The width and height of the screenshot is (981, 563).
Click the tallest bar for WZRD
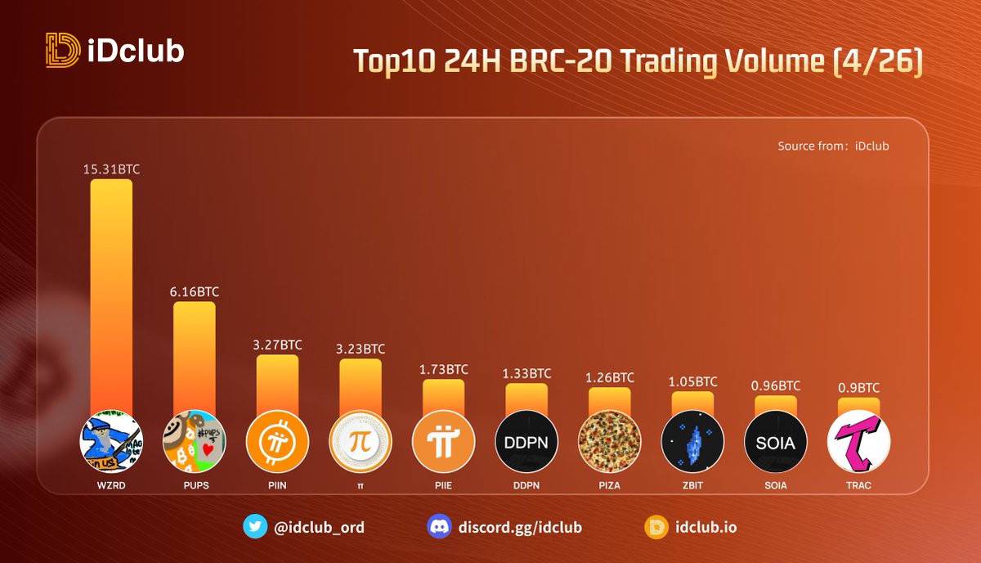(x=111, y=296)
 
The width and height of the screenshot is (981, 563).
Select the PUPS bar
(x=195, y=358)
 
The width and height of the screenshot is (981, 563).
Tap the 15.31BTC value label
(x=112, y=169)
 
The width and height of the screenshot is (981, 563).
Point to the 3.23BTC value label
(x=361, y=349)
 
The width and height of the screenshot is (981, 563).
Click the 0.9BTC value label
(x=859, y=388)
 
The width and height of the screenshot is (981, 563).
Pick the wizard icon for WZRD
(x=111, y=441)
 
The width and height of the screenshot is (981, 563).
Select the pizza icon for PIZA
(x=609, y=441)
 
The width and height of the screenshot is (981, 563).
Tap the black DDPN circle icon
(x=526, y=441)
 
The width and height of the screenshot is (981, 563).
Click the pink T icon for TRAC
(x=859, y=441)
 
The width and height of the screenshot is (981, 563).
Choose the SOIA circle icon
(x=776, y=441)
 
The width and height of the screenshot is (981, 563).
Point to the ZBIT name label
(x=692, y=485)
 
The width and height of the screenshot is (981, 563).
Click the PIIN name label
(x=277, y=485)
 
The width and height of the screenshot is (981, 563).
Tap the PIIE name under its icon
(x=444, y=485)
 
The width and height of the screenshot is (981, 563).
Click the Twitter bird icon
(x=255, y=526)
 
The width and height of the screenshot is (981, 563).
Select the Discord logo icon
(x=439, y=526)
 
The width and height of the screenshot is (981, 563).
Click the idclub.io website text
(x=706, y=527)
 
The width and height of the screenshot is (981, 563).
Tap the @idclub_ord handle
(x=319, y=528)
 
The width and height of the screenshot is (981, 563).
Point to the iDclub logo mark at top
(x=63, y=50)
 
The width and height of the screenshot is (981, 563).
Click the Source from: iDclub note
(x=833, y=146)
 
